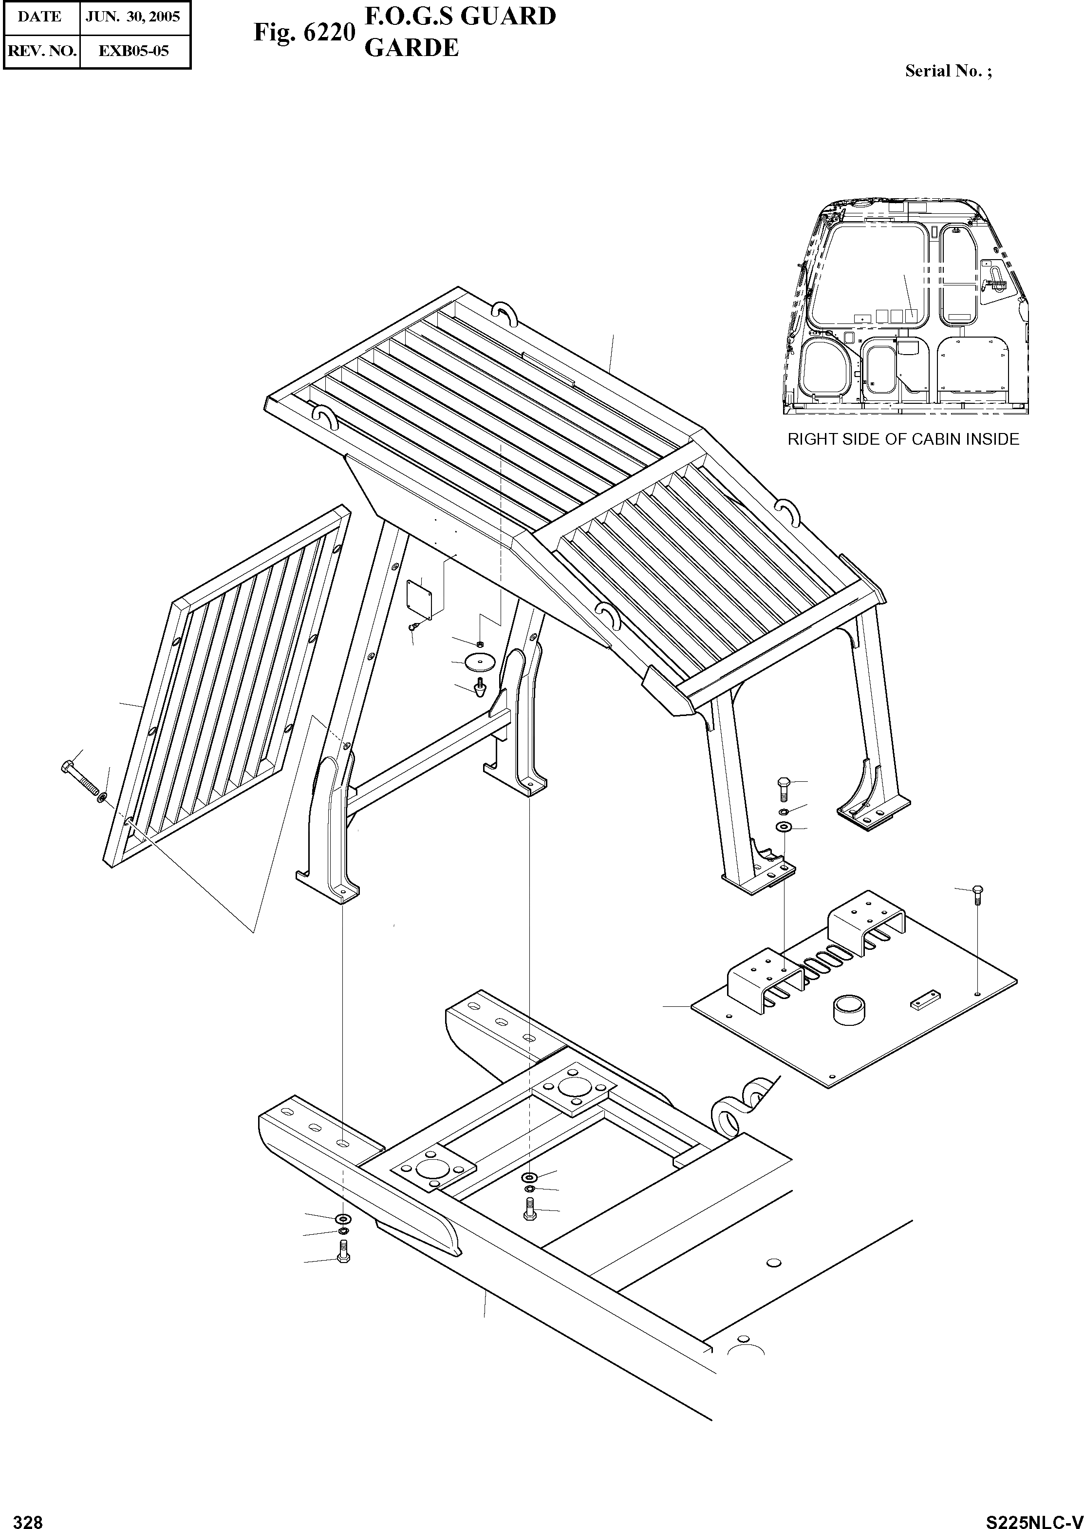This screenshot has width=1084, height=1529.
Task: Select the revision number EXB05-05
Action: click(133, 51)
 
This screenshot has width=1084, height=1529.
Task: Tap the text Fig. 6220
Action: click(304, 32)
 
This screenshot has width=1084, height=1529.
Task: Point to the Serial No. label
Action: click(948, 72)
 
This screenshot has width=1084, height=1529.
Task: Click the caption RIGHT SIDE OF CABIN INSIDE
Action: click(903, 439)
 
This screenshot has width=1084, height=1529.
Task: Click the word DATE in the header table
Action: click(39, 17)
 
